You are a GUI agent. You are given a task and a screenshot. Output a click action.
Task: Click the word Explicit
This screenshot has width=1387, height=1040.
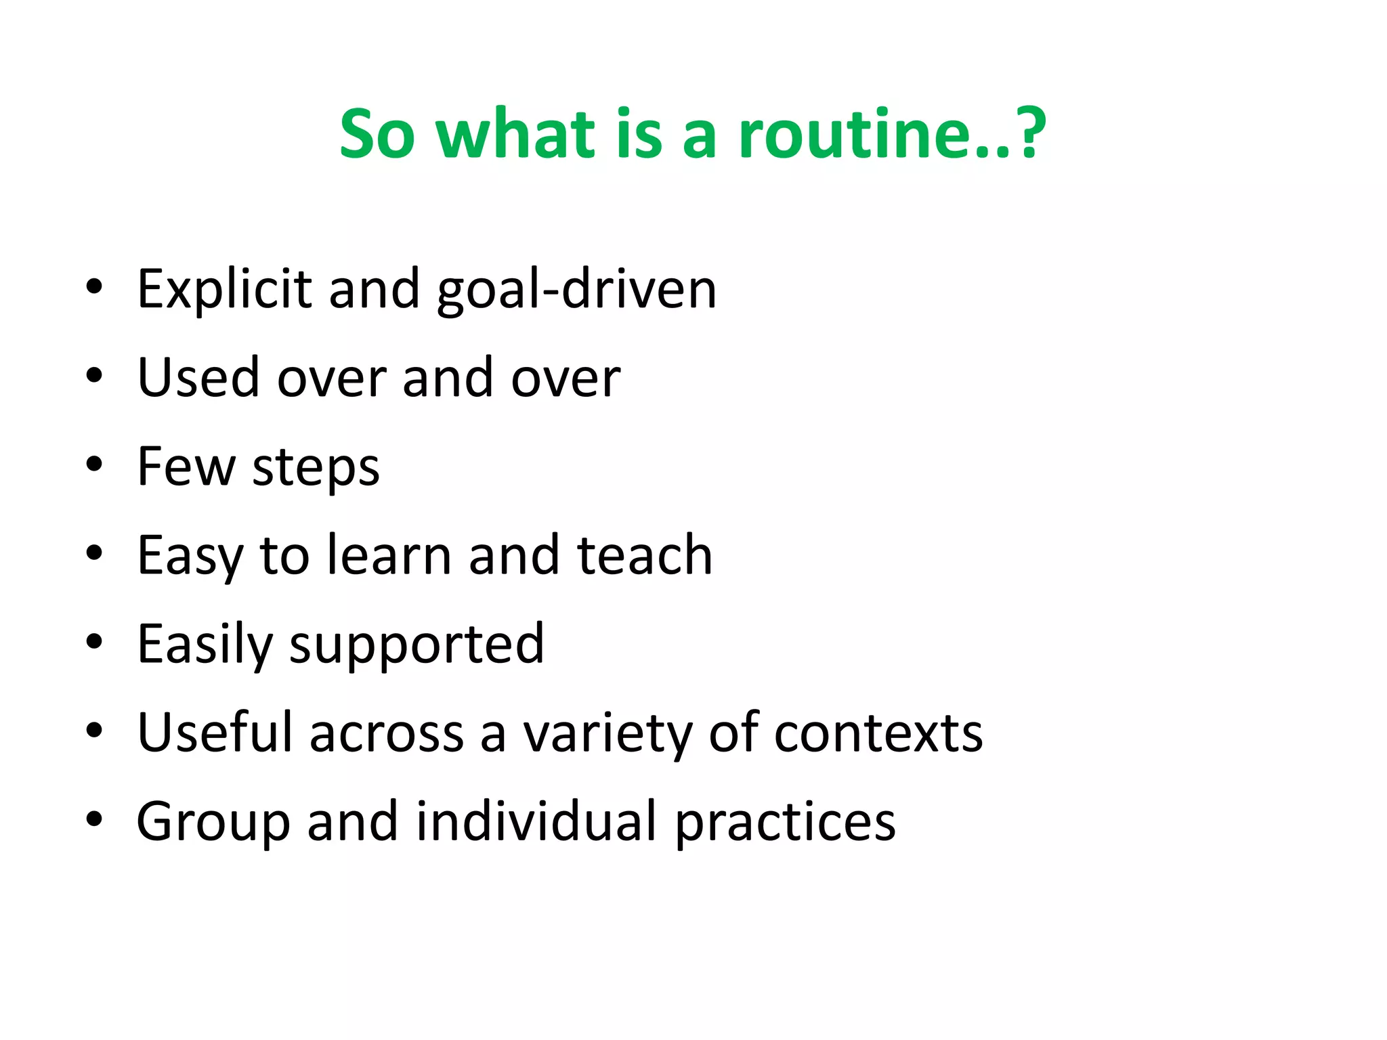(224, 290)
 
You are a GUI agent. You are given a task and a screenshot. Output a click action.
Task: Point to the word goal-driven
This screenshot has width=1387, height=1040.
(576, 290)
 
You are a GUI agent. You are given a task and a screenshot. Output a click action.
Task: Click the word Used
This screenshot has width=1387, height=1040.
(198, 378)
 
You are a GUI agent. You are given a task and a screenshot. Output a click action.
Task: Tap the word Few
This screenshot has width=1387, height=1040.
(186, 467)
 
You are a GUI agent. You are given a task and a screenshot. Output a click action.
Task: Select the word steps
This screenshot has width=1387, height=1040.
(316, 469)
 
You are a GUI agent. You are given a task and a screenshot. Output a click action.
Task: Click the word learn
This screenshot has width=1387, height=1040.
(389, 555)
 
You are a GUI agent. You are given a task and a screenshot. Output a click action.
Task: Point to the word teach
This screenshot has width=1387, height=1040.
(644, 555)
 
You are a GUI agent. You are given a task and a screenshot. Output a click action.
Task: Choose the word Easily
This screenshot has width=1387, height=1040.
(205, 645)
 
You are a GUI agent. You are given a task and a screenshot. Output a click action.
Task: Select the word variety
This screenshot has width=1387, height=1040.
(607, 734)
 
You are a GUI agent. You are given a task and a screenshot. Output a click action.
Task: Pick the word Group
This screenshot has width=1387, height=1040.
(213, 823)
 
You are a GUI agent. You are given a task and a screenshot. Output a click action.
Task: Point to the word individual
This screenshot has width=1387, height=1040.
(536, 821)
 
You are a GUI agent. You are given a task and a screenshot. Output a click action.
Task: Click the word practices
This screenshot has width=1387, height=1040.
(786, 823)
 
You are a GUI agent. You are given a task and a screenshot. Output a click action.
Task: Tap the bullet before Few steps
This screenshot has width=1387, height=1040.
(94, 465)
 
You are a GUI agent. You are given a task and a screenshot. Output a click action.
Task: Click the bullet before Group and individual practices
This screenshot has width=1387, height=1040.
(94, 820)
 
